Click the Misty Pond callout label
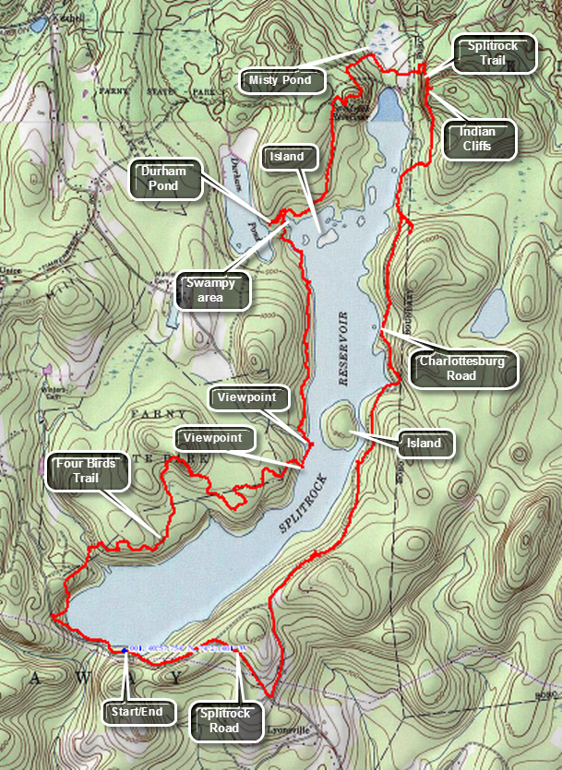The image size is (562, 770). click(280, 81)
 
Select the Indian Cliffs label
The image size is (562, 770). click(477, 139)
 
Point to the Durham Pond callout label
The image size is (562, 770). click(166, 178)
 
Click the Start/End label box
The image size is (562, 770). click(124, 711)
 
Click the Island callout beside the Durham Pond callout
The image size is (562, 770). click(287, 157)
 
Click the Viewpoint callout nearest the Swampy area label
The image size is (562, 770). click(249, 398)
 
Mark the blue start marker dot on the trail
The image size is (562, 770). click(124, 650)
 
